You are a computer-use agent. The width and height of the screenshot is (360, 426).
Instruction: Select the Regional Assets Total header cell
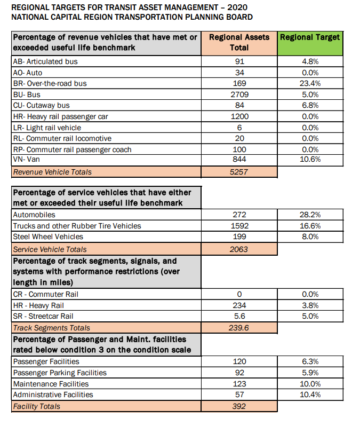point(239,42)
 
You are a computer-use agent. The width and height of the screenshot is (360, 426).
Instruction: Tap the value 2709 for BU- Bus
point(239,94)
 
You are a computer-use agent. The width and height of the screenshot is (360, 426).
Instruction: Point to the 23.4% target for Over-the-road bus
point(309,83)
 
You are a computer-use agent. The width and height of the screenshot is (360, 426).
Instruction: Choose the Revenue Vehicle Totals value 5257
point(239,172)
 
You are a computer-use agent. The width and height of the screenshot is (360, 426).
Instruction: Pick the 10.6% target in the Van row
point(309,161)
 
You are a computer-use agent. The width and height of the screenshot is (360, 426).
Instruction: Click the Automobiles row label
point(34,215)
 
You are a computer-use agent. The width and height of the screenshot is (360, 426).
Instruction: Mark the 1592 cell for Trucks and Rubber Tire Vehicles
point(239,226)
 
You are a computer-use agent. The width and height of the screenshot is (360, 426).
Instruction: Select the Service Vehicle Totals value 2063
point(239,249)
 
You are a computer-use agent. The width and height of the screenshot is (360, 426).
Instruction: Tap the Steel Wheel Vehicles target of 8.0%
point(309,237)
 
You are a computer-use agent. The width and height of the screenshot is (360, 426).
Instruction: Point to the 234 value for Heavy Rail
point(239,305)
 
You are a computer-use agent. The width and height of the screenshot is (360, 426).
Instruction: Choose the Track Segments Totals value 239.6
point(239,328)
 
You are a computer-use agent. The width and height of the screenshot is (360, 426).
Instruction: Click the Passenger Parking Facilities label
point(59,373)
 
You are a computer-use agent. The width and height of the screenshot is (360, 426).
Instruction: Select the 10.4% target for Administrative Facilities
point(309,395)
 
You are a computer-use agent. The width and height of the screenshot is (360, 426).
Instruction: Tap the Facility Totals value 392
point(239,406)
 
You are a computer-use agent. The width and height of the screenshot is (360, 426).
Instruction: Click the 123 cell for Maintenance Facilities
point(239,384)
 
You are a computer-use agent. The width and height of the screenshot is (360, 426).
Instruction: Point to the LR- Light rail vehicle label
point(46,128)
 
